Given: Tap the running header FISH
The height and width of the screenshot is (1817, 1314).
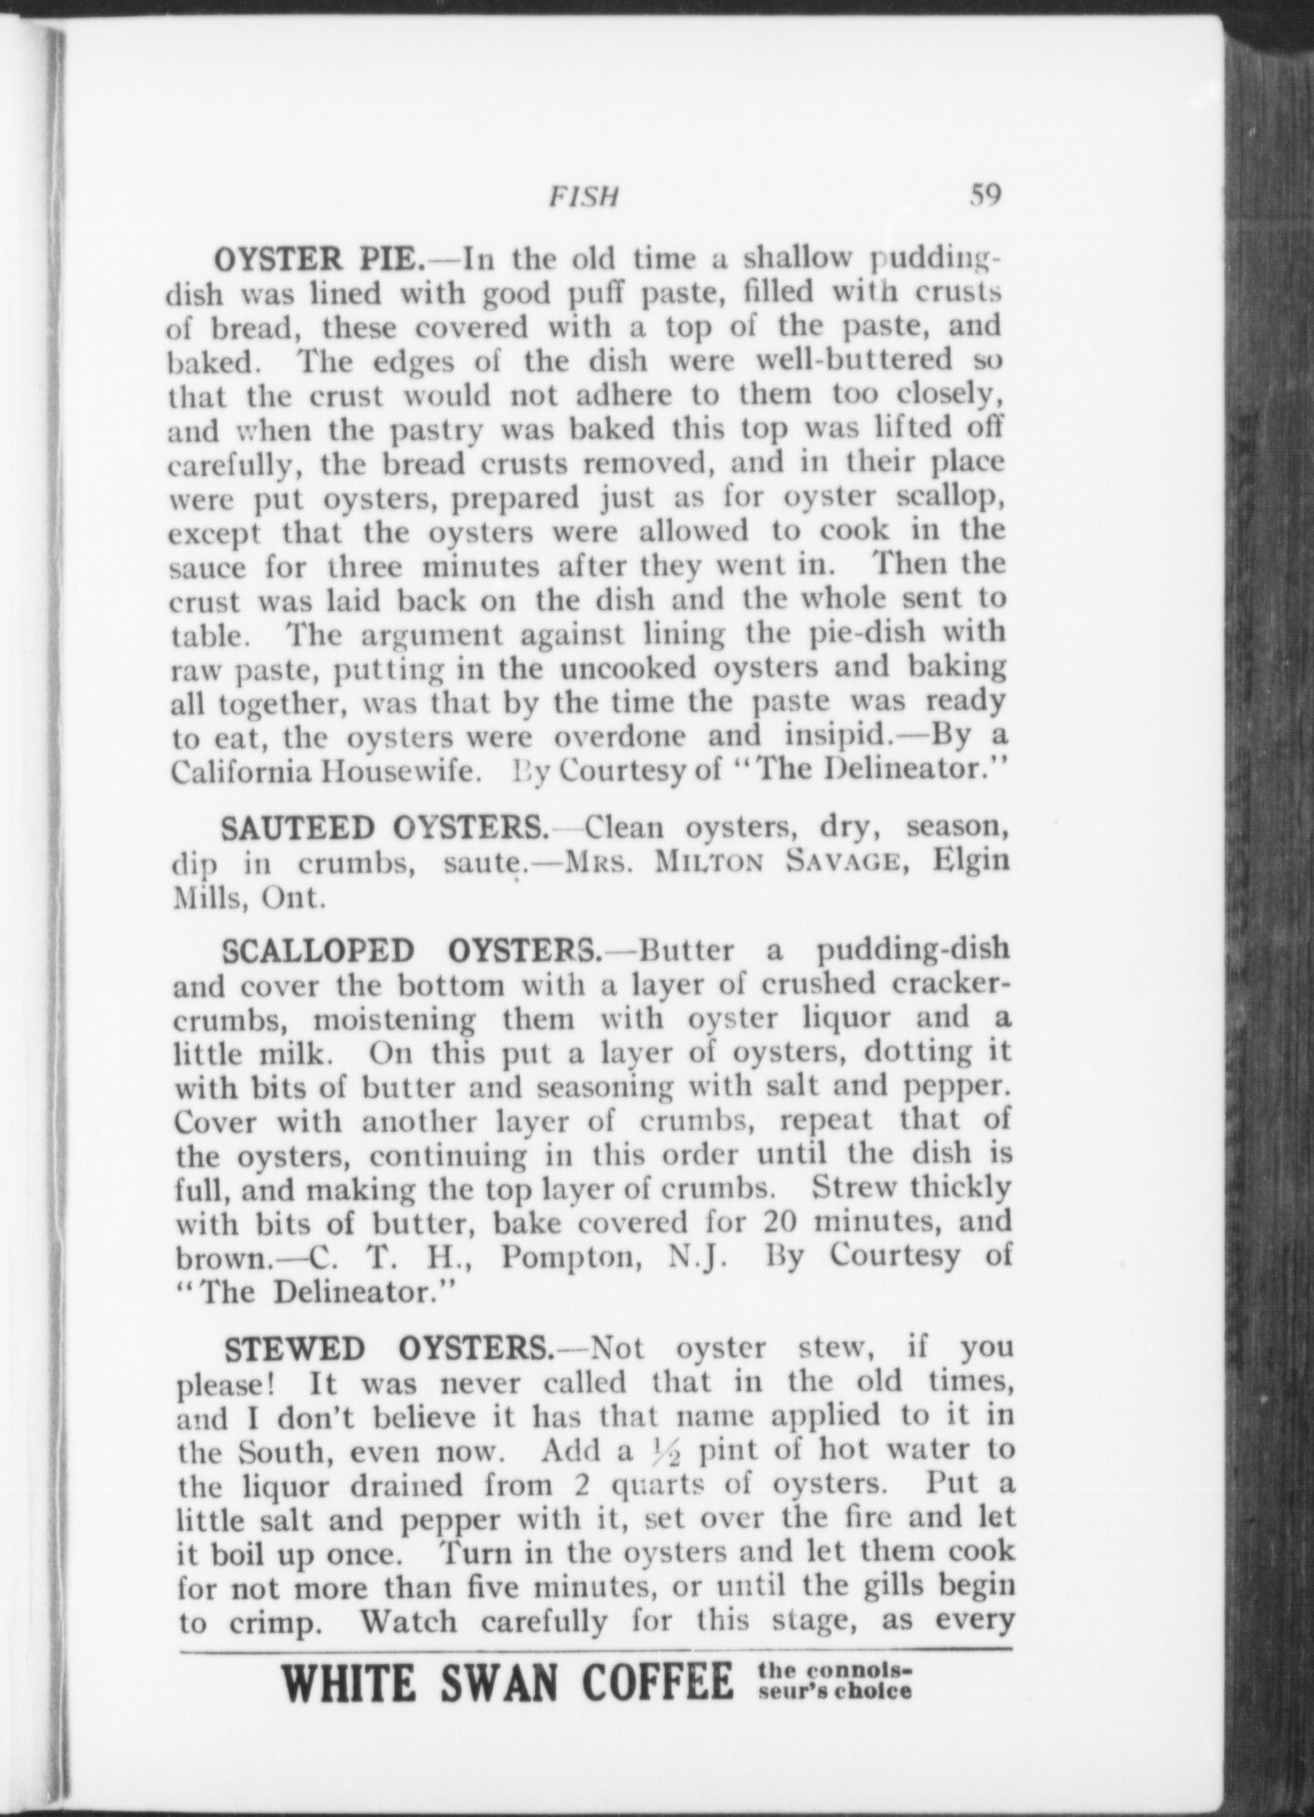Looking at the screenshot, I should pos(584,197).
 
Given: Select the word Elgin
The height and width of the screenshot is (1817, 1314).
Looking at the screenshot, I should pos(970,862).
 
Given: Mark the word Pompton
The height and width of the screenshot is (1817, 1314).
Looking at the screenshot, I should pos(569,1257).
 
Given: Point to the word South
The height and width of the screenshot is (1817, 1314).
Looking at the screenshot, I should pos(284,1453).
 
